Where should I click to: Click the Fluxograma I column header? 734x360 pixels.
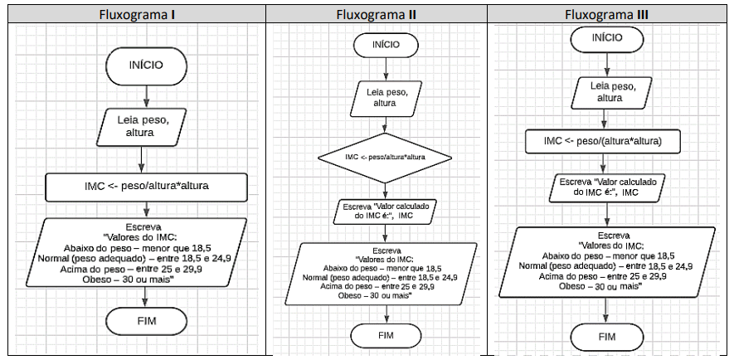(x=137, y=14)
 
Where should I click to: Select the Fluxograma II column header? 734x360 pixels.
(x=377, y=14)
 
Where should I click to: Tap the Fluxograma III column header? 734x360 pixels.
(x=606, y=14)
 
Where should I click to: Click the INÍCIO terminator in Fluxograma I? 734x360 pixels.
(x=146, y=66)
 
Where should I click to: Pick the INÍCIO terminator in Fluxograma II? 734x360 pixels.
(x=386, y=45)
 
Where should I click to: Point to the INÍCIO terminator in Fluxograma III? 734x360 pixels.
(x=607, y=38)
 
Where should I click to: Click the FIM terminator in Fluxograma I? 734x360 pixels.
(x=147, y=322)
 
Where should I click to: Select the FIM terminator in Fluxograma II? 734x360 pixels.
(x=386, y=336)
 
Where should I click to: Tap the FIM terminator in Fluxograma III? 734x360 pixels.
(x=607, y=337)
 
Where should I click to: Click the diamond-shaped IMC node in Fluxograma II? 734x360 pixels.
(x=386, y=158)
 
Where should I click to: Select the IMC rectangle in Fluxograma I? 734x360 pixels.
(x=146, y=187)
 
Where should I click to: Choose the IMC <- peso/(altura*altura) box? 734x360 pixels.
(x=603, y=141)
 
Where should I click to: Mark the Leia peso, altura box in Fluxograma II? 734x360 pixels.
(x=386, y=99)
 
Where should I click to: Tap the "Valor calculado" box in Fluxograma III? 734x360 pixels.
(x=608, y=187)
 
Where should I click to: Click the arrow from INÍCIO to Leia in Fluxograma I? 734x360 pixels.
(x=146, y=97)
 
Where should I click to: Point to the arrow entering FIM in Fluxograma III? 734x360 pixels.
(x=607, y=311)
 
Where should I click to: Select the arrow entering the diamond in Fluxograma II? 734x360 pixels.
(x=386, y=125)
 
